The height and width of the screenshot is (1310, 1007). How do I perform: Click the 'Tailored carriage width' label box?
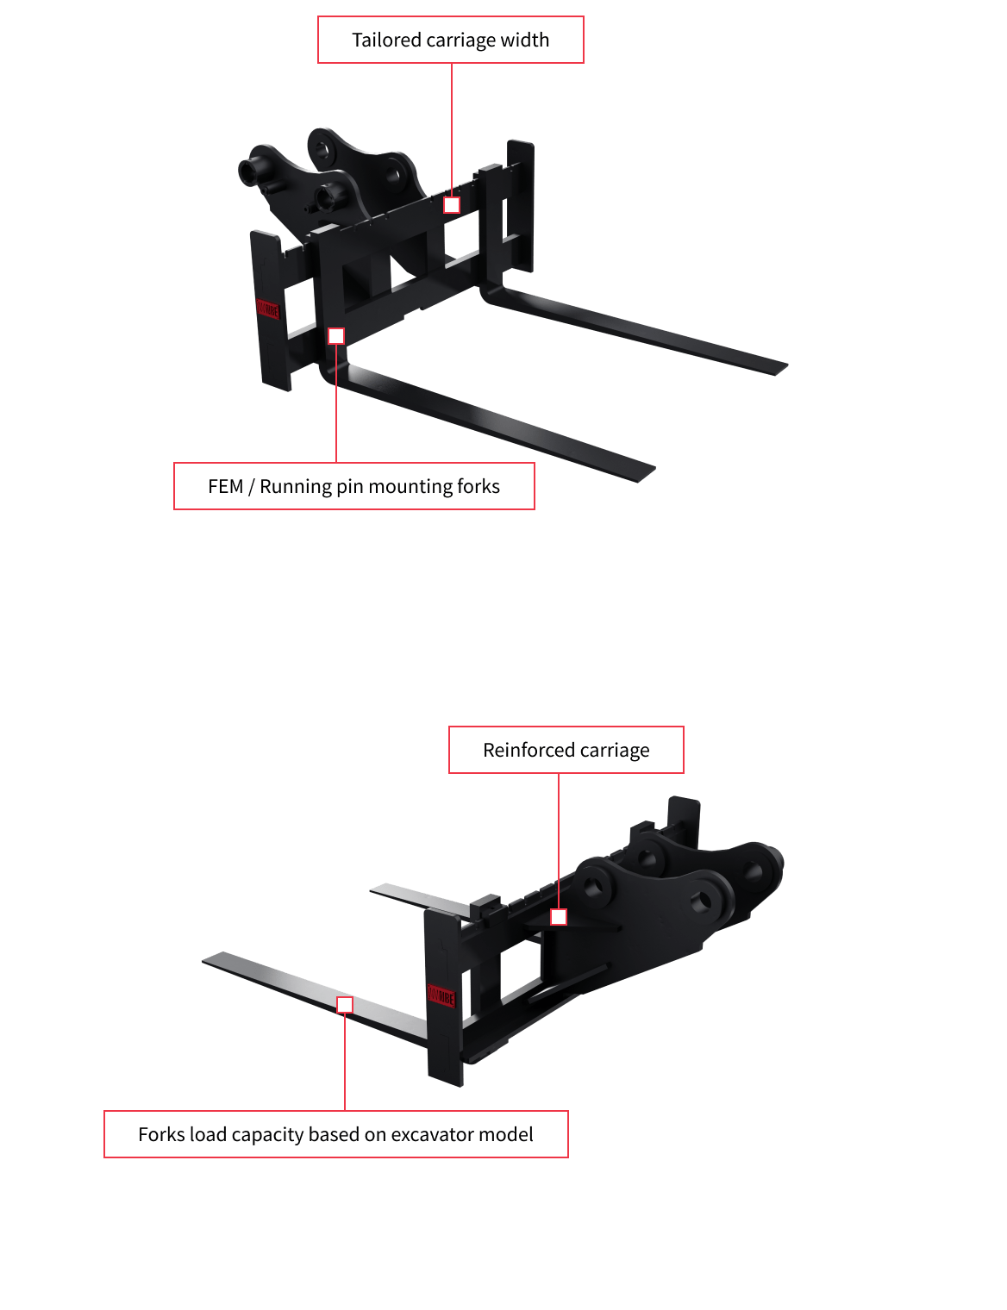coord(450,40)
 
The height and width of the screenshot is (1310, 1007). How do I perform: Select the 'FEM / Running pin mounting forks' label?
coord(353,486)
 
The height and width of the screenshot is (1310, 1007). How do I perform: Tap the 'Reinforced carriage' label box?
coord(566,750)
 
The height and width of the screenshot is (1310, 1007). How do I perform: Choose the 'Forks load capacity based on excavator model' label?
coord(335,1134)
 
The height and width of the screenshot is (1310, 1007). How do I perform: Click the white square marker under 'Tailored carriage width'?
coord(452,205)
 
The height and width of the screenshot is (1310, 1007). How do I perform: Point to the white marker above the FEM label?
coord(336,336)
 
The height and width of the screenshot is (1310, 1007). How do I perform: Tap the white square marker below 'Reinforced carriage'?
coord(559,917)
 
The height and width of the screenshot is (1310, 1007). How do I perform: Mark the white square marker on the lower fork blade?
coord(345,1005)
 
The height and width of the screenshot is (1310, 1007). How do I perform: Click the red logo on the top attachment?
coord(268,309)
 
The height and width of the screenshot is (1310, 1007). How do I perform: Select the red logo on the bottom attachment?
coord(441,995)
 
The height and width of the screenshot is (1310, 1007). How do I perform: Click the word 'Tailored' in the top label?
coord(385,40)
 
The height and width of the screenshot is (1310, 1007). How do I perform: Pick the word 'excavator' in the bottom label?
coord(427,1134)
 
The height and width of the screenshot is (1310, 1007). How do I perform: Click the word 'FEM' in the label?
coord(225,486)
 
